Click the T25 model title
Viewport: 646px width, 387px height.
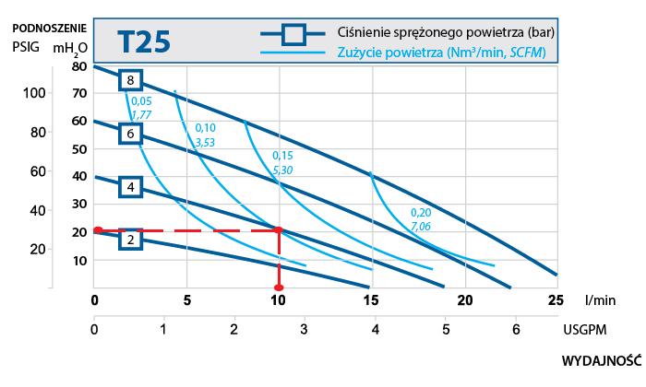pos(144,42)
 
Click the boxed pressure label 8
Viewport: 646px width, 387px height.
pos(132,80)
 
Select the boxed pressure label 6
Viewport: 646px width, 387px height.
pos(131,134)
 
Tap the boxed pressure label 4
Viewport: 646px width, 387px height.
pos(131,187)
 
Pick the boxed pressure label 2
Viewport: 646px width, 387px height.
pos(131,240)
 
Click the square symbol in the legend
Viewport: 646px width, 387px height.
pos(293,35)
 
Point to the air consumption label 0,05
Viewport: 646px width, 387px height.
pos(141,101)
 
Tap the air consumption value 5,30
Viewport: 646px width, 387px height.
pos(282,170)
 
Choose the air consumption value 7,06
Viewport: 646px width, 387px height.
pos(420,225)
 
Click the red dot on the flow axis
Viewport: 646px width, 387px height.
pos(279,288)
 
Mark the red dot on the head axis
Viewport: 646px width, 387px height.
pos(97,230)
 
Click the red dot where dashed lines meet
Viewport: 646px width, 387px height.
pos(279,230)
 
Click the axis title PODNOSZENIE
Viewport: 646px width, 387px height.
pos(50,28)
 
